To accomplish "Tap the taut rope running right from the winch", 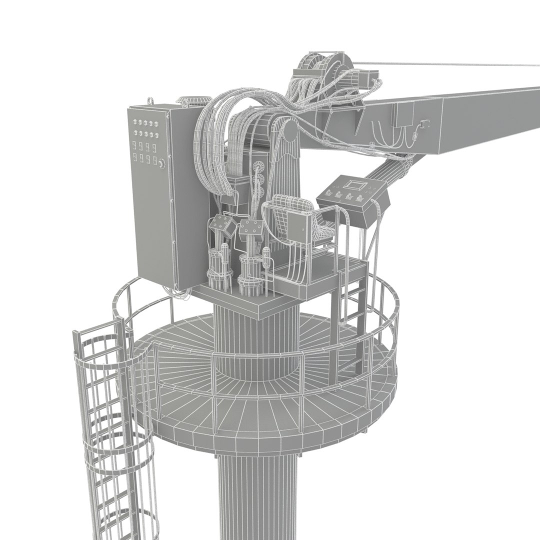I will pyautogui.click(x=450, y=65).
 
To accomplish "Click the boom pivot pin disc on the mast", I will pyautogui.click(x=288, y=132).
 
